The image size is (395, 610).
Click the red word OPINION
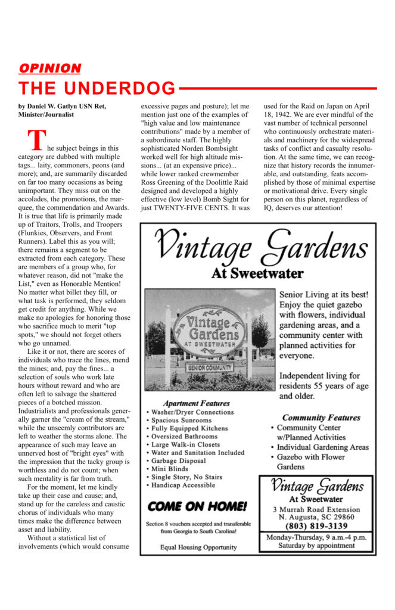(x=50, y=68)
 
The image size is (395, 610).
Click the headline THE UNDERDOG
(x=97, y=88)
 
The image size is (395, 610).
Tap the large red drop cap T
(x=36, y=140)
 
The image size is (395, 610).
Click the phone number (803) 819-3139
(x=316, y=525)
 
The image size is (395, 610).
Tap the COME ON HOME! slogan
(x=197, y=507)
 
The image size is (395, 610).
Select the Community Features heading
(x=321, y=418)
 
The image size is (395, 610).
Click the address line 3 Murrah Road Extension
(x=316, y=509)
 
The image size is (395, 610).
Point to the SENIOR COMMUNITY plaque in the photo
(x=209, y=368)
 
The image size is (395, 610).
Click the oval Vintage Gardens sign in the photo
(x=209, y=331)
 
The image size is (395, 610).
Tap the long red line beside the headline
(x=277, y=88)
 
